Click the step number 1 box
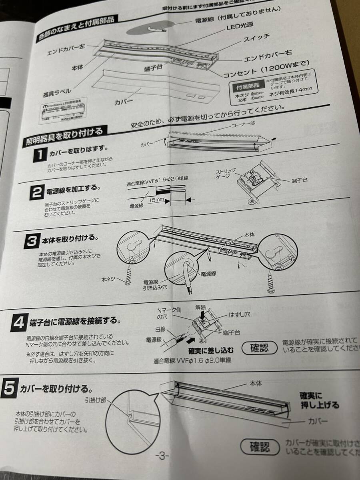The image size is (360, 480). click(40, 156)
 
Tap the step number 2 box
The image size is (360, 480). click(36, 193)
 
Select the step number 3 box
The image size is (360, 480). click(32, 240)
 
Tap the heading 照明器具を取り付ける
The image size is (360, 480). click(64, 136)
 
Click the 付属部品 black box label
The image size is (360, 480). click(248, 85)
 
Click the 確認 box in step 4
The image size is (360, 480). click(259, 346)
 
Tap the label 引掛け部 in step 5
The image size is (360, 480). click(95, 400)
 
